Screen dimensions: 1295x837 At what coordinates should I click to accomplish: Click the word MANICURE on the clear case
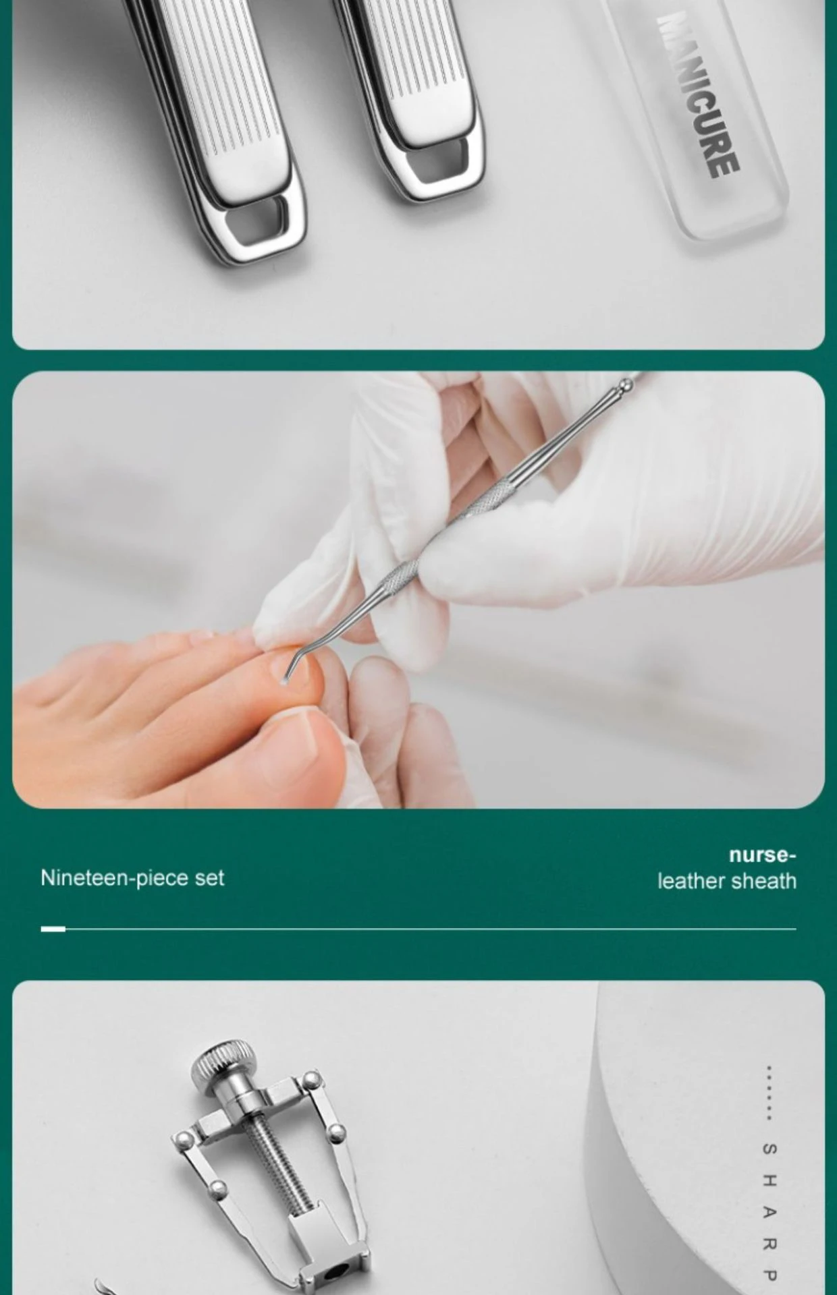699,94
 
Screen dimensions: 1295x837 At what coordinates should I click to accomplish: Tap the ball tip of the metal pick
626,386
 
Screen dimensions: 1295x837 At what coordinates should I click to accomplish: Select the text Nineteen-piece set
132,877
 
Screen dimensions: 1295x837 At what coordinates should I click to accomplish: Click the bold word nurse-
762,855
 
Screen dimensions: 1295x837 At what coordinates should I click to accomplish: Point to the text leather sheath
727,881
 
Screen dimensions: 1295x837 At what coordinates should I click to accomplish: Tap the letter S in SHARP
769,1149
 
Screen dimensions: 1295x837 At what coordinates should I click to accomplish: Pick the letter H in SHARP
769,1180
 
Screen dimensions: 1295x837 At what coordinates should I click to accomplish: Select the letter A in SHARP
769,1212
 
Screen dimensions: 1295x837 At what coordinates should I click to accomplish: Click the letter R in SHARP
769,1244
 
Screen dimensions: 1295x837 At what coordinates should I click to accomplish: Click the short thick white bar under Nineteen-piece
53,929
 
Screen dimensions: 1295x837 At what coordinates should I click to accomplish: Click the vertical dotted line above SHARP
769,1093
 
